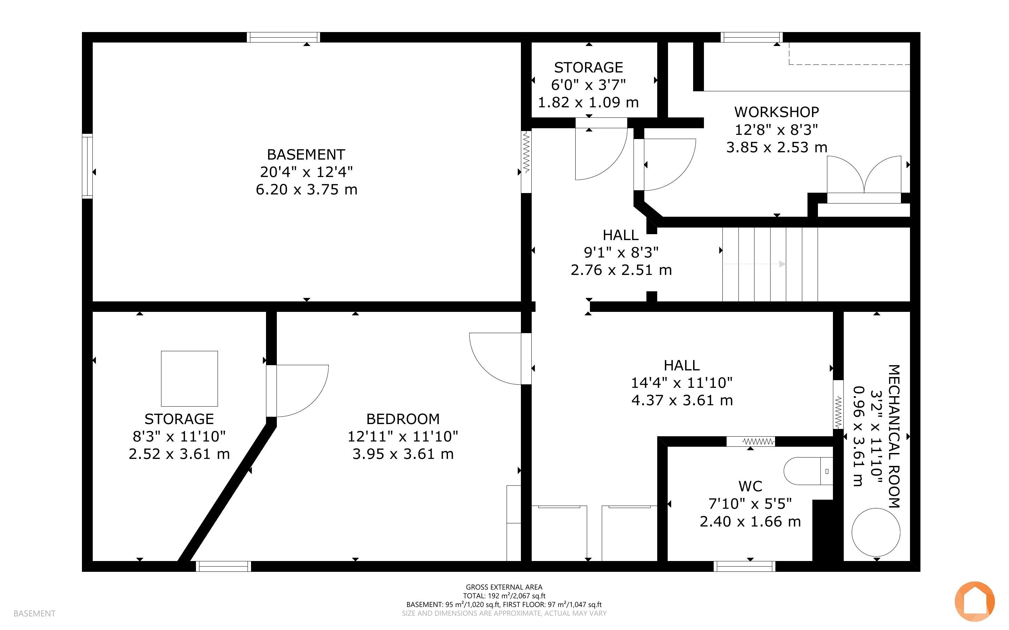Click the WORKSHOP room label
tap(776, 112)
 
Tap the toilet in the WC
tap(808, 471)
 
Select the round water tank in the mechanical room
tap(875, 532)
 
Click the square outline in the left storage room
tap(189, 378)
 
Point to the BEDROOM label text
tap(403, 419)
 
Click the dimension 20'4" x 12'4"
tap(306, 172)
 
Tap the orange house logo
tap(974, 601)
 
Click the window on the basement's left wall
tap(87, 166)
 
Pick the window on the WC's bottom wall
tap(744, 566)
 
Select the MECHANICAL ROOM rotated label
tap(894, 436)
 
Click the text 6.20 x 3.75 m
tap(306, 190)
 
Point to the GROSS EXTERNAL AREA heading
tap(504, 587)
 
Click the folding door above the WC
tap(751, 441)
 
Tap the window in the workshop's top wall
tap(751, 37)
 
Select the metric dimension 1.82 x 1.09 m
tap(588, 102)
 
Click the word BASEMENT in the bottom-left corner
tap(34, 613)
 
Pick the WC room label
tap(750, 486)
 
